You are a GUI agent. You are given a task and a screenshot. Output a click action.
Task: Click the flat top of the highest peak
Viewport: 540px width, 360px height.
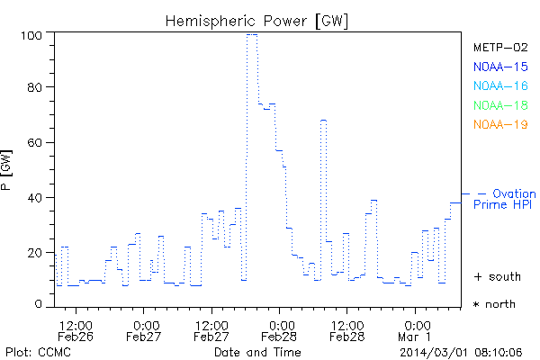252,35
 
